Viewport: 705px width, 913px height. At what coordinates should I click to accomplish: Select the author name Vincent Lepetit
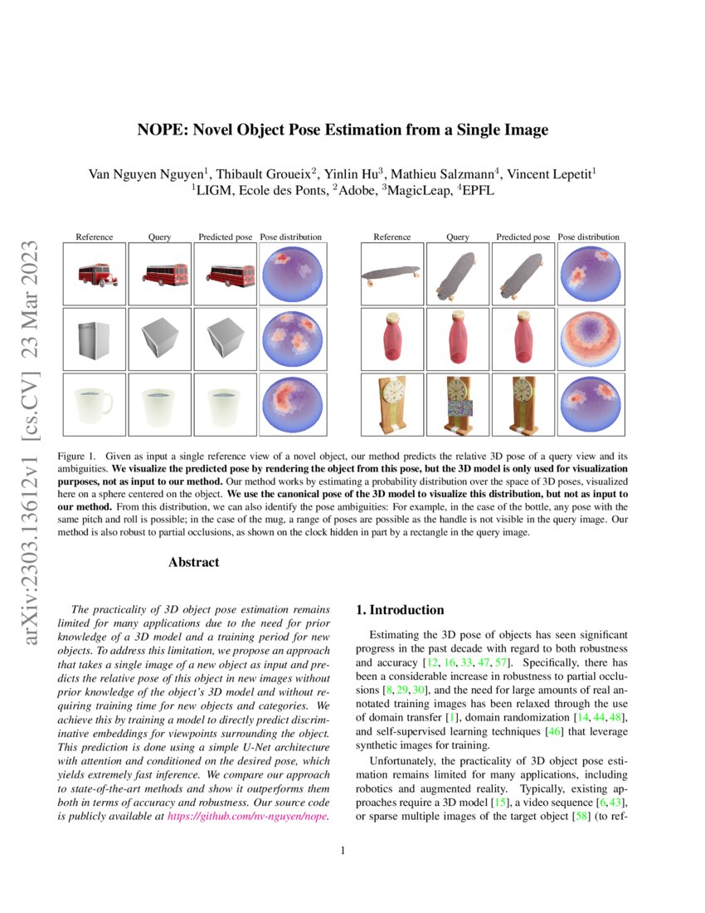551,174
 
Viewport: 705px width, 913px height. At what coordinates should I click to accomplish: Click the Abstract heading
193,562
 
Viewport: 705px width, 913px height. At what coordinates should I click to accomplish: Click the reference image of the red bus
94,273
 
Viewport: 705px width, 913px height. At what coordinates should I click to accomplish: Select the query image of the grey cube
159,339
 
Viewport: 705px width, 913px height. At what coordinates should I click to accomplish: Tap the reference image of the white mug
94,404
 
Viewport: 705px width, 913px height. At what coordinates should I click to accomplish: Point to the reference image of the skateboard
391,273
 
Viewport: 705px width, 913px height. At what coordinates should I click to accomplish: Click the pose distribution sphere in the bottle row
590,339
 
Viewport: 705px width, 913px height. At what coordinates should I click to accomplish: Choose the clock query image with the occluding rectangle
458,404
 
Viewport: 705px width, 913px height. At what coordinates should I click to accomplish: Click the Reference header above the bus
94,237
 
